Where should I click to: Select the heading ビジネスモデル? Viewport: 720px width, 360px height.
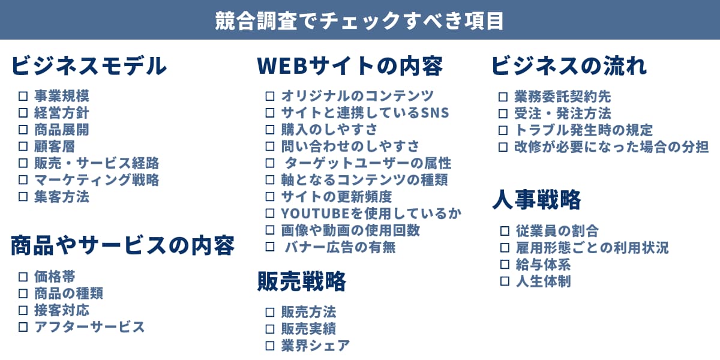click(x=89, y=66)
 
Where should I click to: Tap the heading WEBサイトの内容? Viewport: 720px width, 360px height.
click(x=350, y=66)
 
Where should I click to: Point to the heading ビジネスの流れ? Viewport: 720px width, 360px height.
click(x=569, y=66)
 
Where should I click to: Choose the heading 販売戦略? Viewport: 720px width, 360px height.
click(x=302, y=281)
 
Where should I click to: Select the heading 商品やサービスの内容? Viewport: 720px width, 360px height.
click(x=122, y=245)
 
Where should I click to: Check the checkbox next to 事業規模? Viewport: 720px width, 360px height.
click(x=23, y=96)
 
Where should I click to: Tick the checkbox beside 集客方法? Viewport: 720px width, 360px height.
click(x=23, y=197)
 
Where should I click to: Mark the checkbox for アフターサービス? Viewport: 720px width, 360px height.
click(x=23, y=327)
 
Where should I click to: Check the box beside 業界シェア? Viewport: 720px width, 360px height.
click(x=270, y=346)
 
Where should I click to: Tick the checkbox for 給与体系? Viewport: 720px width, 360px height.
click(x=505, y=265)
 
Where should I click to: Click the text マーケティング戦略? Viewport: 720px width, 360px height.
click(x=97, y=180)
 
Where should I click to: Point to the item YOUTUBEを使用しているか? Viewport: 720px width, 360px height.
click(x=371, y=214)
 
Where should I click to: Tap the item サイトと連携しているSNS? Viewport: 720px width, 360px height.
click(x=365, y=113)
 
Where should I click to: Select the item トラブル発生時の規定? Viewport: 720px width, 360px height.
click(x=583, y=130)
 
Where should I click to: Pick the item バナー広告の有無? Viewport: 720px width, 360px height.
click(x=340, y=247)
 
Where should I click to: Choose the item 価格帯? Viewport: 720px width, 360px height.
click(x=55, y=277)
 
